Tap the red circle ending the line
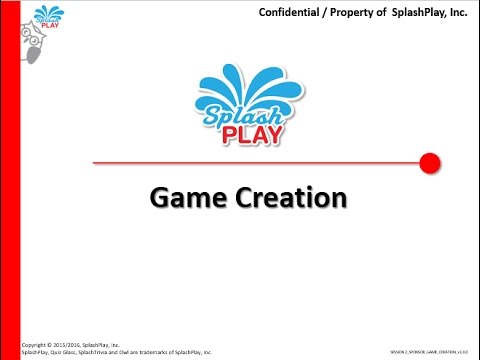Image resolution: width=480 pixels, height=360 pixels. coord(430,162)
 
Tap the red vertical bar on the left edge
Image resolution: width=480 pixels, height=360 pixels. coord(11,180)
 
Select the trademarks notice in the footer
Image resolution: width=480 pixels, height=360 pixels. coord(116,352)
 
